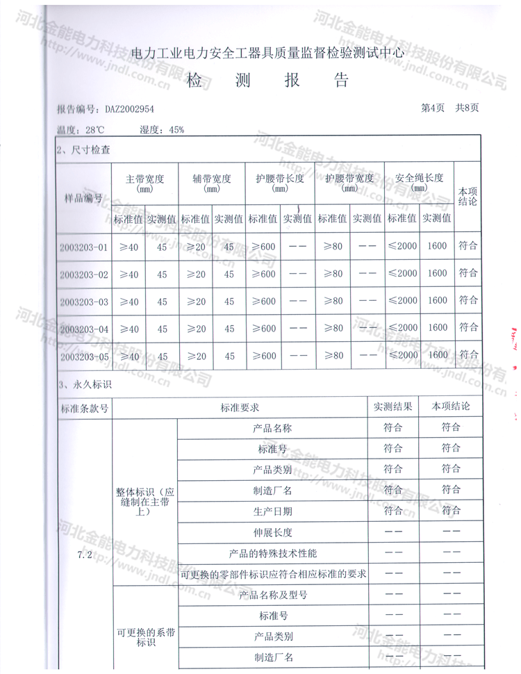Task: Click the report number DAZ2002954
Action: [129, 109]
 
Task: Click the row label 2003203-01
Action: [84, 247]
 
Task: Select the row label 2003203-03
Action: [84, 302]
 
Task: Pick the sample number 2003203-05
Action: [84, 357]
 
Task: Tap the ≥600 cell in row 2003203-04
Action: [263, 329]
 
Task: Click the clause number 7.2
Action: [85, 554]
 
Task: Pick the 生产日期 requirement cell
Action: [273, 511]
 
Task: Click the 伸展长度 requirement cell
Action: [273, 533]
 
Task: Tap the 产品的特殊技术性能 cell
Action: [273, 554]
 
